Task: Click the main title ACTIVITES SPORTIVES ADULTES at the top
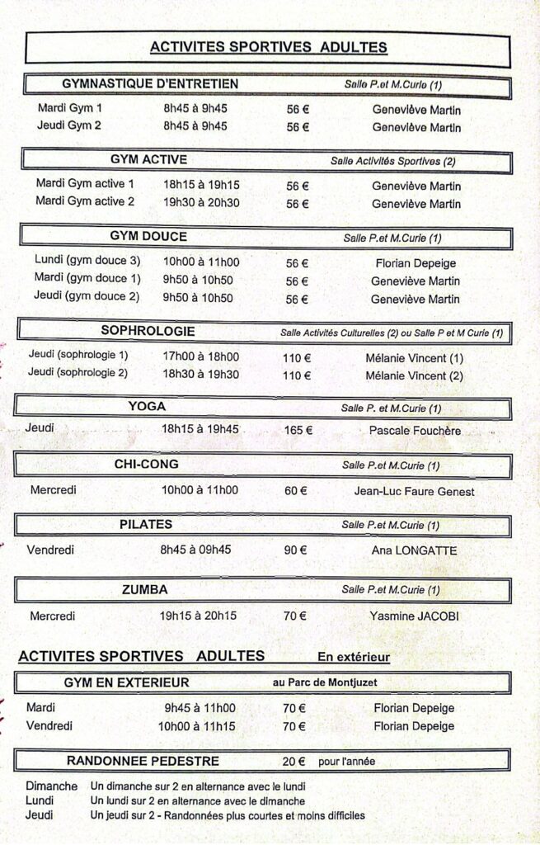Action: (x=269, y=47)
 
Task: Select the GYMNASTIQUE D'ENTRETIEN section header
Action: (x=150, y=83)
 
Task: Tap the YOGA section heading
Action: (x=147, y=406)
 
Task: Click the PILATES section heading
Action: (x=146, y=524)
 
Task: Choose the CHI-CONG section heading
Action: (x=147, y=465)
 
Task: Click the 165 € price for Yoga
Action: (x=298, y=430)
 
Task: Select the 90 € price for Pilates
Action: (x=296, y=550)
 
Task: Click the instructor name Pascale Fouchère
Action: (x=415, y=431)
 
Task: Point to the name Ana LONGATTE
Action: (x=414, y=550)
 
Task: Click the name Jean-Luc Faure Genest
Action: (x=414, y=491)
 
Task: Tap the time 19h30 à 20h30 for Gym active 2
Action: (x=201, y=203)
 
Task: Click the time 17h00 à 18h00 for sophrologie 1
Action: (x=201, y=357)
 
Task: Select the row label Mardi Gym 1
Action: (x=70, y=108)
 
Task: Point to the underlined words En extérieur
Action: (x=354, y=657)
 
